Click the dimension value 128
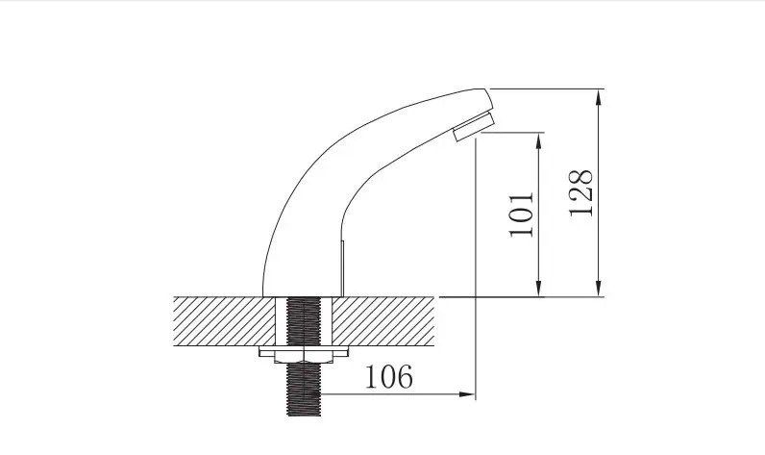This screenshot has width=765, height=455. [x=581, y=192]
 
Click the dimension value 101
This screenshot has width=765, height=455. [x=521, y=215]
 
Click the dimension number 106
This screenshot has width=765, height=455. [x=389, y=377]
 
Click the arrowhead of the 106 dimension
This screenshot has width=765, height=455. [x=467, y=394]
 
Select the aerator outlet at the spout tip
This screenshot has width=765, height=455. [x=473, y=126]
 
